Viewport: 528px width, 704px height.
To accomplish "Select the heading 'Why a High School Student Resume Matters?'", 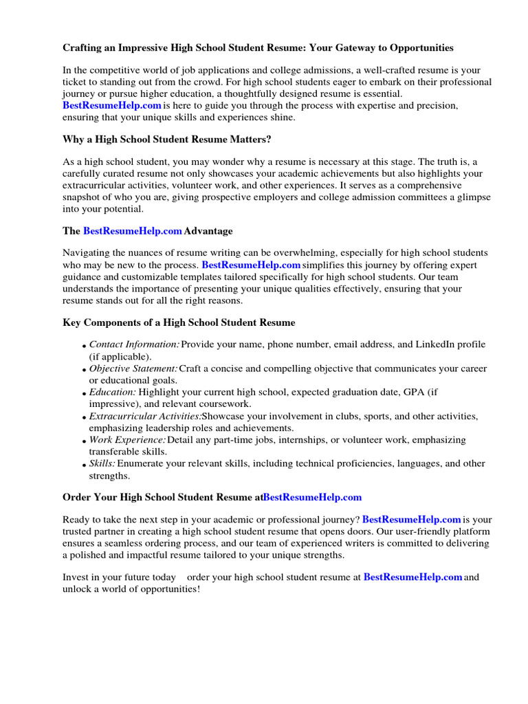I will [167, 140].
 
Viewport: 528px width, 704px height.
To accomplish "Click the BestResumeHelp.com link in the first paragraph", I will [112, 105].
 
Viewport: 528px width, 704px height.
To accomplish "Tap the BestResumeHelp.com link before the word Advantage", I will [133, 231].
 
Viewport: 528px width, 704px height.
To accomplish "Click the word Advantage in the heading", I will [208, 231].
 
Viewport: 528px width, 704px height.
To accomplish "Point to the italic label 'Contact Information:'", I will [135, 344].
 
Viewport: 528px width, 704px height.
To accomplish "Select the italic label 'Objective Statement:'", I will [133, 369].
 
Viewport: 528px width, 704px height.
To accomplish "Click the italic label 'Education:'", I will [113, 392].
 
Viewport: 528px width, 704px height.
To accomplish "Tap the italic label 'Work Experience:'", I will [128, 440].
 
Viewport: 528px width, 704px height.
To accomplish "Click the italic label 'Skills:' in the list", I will [102, 463].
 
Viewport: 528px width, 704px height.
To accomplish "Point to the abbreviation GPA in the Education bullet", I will [410, 392].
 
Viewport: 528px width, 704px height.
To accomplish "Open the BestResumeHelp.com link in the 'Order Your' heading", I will [312, 496].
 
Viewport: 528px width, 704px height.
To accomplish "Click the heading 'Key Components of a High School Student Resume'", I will [179, 322].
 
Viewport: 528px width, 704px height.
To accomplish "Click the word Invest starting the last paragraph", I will [76, 577].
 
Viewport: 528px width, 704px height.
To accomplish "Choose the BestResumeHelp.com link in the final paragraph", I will [412, 577].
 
